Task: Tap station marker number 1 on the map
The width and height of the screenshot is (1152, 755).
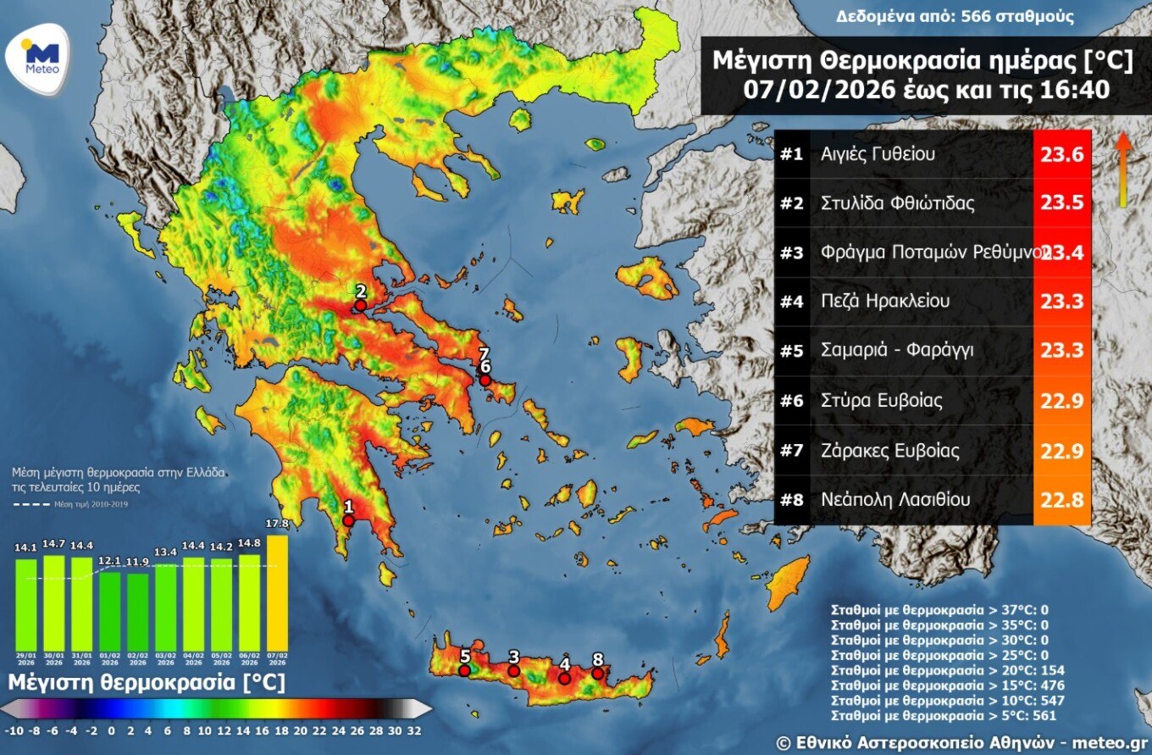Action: point(347,520)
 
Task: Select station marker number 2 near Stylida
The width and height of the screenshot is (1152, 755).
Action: point(360,305)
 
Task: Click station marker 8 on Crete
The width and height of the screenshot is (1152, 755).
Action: point(598,673)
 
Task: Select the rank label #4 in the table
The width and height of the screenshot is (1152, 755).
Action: point(791,302)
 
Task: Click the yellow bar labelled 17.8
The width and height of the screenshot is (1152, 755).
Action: point(277,592)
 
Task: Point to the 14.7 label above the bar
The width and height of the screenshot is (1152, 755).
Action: point(53,544)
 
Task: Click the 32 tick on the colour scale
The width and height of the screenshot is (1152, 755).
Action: point(414,730)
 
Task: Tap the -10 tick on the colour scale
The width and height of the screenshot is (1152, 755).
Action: point(13,730)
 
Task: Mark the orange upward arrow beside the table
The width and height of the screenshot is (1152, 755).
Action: point(1122,169)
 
